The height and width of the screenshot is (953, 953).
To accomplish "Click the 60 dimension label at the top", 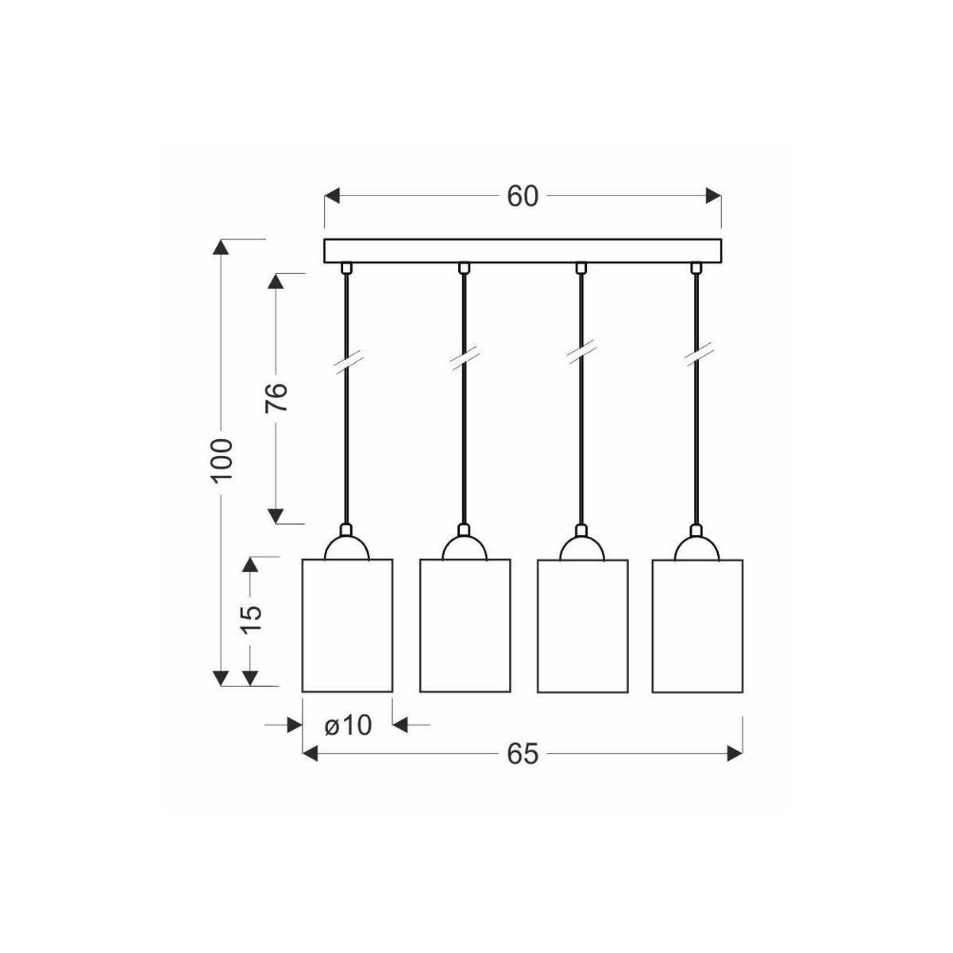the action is pos(523,197).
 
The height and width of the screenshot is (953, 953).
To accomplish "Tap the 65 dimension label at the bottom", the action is pos(523,754).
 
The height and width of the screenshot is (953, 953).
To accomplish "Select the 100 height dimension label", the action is pos(222,460).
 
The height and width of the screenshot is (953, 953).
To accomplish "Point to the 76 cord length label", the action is pos(276,398).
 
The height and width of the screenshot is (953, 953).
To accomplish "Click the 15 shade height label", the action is pos(251,619).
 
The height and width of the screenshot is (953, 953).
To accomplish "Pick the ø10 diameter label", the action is pos(348,726).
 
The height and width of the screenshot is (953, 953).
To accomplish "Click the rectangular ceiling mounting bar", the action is pos(523,251).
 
